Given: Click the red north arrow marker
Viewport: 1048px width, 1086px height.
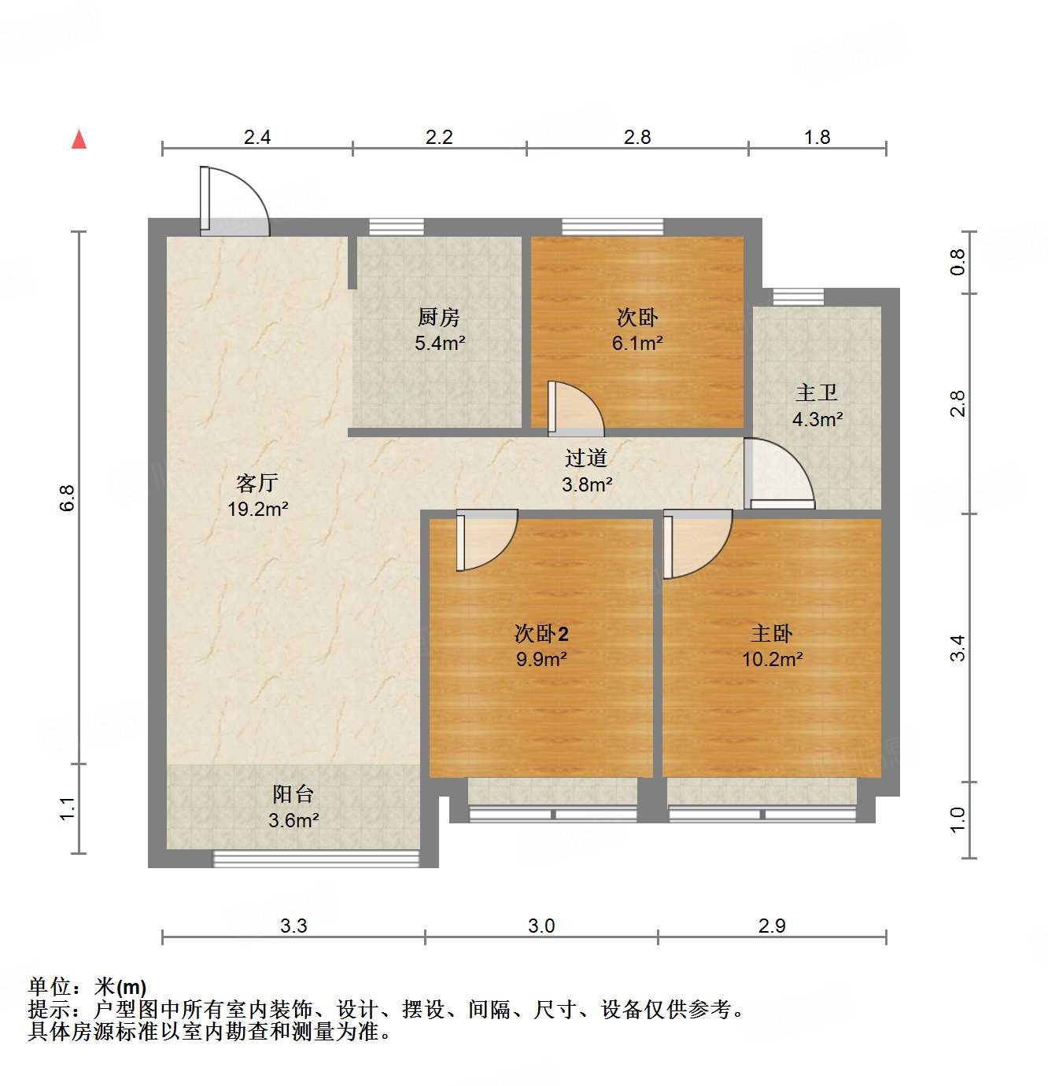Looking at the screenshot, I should (79, 140).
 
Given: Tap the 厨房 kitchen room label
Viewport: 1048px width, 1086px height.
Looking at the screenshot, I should (438, 317).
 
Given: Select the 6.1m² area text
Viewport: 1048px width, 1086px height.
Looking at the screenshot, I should (637, 344).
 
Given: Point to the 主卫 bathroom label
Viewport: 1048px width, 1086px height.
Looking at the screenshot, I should (817, 392).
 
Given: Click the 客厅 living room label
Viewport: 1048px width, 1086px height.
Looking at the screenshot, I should (257, 483).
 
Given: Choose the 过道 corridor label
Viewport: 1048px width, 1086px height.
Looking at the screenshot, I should (586, 458).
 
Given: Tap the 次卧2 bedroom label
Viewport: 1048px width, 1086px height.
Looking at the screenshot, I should (541, 633).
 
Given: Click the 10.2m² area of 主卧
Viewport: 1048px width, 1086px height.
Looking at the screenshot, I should (773, 659).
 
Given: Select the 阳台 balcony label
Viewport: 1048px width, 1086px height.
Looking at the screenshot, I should (293, 793).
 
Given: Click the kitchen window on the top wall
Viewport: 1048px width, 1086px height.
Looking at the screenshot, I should (397, 226).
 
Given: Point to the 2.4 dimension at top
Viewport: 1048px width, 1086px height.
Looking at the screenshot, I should (257, 137).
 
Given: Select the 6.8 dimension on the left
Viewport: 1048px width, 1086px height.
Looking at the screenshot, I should (67, 498).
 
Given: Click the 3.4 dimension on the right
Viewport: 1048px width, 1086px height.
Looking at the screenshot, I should (957, 648).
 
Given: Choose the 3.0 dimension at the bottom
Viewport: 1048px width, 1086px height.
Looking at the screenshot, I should (541, 926).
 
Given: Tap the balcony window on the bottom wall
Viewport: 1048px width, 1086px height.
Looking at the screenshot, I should (316, 859).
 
